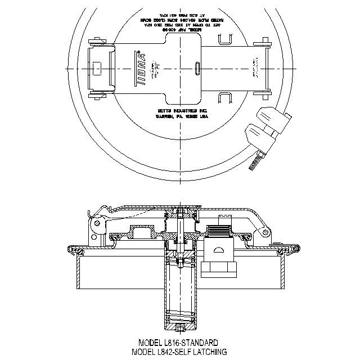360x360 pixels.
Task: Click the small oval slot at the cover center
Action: [197, 68]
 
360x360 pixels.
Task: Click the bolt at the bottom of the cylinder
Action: [180, 328]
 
